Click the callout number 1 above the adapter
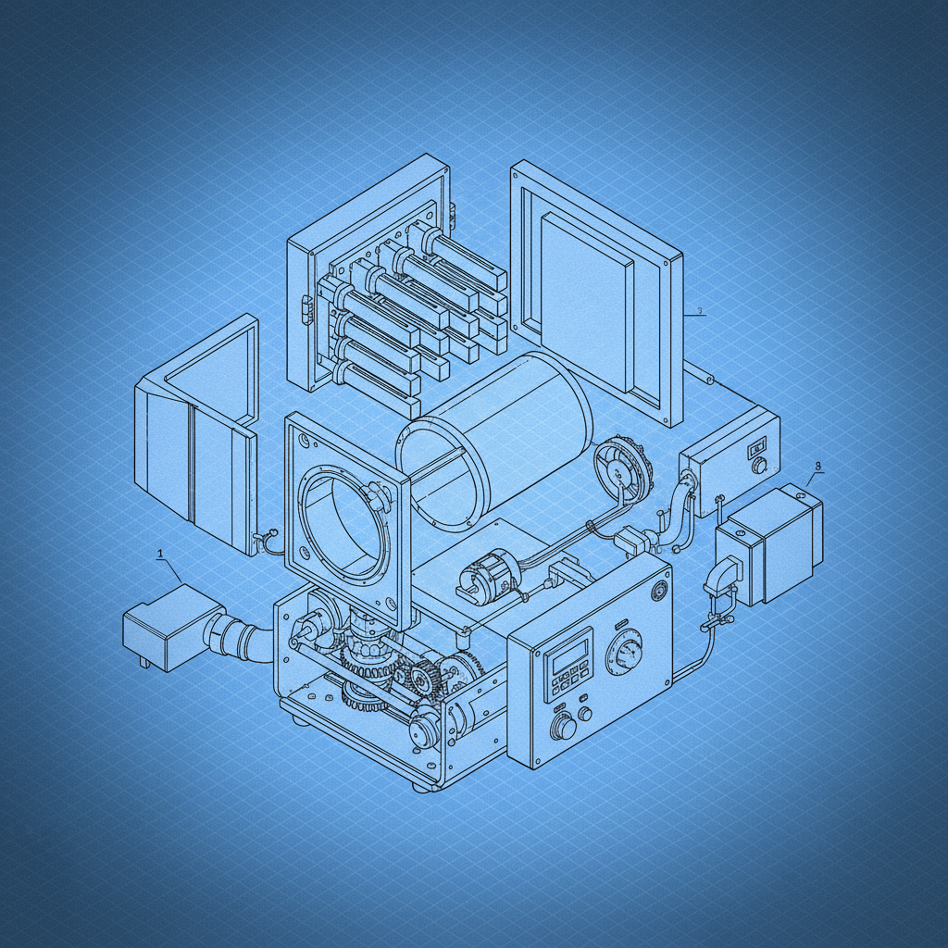click(x=161, y=554)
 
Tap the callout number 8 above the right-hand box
click(x=817, y=467)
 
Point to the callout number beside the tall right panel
click(x=700, y=311)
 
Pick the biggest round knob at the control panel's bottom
click(x=561, y=728)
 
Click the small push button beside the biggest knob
click(x=585, y=714)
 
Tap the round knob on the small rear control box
click(x=760, y=466)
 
